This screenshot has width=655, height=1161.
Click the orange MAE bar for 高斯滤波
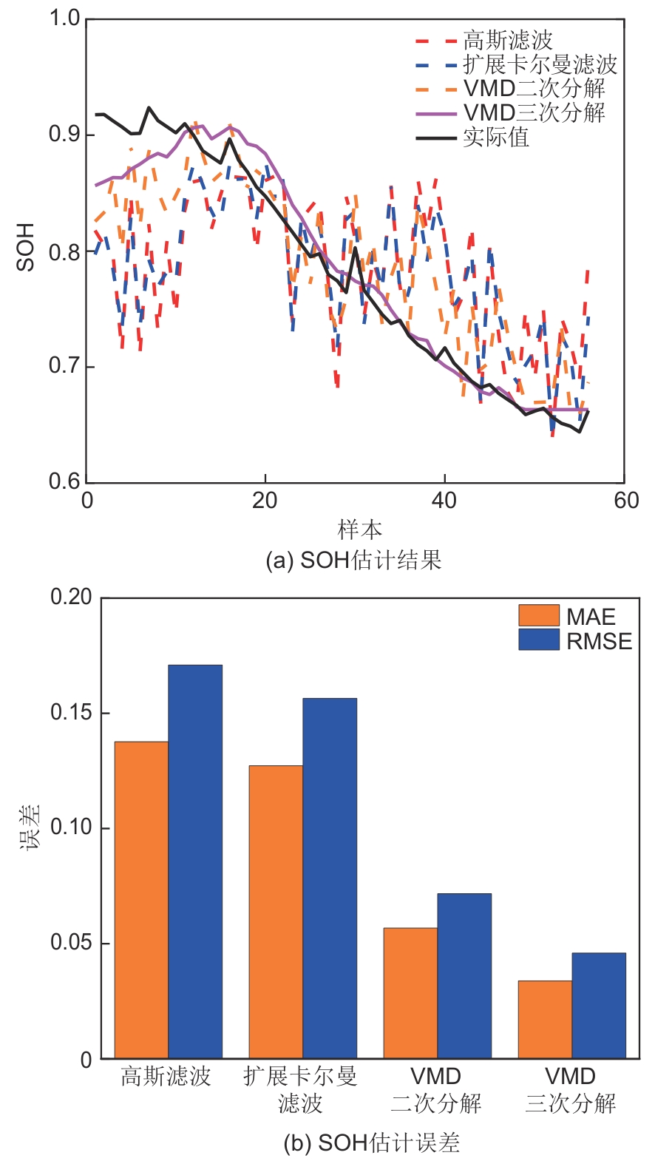click(x=141, y=899)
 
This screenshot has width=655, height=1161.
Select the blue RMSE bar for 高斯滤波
click(x=195, y=862)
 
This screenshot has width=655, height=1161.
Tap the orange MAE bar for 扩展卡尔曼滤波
click(x=276, y=911)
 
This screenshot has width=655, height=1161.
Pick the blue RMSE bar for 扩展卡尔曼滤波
click(x=330, y=878)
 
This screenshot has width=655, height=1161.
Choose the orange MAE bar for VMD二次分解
click(x=410, y=992)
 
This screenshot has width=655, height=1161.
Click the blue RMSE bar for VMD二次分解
click(x=464, y=975)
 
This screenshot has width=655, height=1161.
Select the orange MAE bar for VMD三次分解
click(x=545, y=1019)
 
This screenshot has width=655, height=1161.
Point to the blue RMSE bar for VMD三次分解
click(x=599, y=1005)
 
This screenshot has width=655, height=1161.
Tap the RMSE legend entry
click(x=576, y=640)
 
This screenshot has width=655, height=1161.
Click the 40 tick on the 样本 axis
click(x=444, y=501)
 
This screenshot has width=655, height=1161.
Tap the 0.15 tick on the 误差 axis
click(x=71, y=712)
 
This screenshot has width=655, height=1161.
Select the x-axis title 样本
click(x=360, y=529)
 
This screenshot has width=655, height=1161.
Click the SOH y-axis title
click(x=25, y=247)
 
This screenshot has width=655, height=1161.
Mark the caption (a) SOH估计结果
click(x=353, y=560)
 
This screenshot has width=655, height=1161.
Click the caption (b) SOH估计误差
click(x=372, y=1143)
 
